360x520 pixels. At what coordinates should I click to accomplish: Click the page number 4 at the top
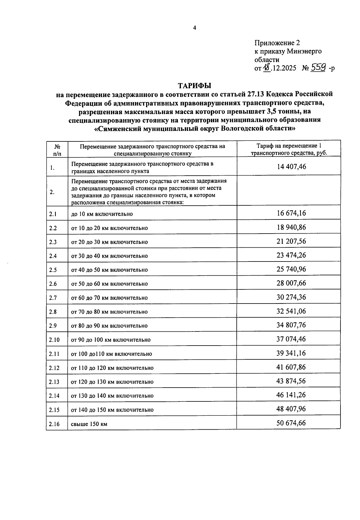(x=194, y=28)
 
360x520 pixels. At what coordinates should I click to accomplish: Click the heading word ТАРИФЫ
(x=195, y=86)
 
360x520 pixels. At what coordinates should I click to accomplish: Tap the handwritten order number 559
(x=318, y=68)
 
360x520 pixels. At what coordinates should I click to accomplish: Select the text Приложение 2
(x=277, y=43)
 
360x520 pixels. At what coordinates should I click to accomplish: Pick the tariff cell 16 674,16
(x=291, y=213)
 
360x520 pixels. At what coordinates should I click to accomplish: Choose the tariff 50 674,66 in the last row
(x=291, y=423)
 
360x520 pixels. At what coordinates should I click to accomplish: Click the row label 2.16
(x=54, y=424)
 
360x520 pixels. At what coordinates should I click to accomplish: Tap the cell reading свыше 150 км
(x=89, y=424)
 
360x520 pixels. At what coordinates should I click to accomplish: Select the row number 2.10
(x=54, y=340)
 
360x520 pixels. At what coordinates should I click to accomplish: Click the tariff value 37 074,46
(x=291, y=339)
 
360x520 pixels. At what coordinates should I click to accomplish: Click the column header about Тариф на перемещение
(x=289, y=149)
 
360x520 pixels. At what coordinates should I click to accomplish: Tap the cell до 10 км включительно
(x=102, y=214)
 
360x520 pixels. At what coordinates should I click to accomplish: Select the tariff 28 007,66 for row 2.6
(x=291, y=283)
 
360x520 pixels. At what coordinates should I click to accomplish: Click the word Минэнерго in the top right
(x=304, y=51)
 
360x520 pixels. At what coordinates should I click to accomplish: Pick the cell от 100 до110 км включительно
(x=111, y=354)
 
